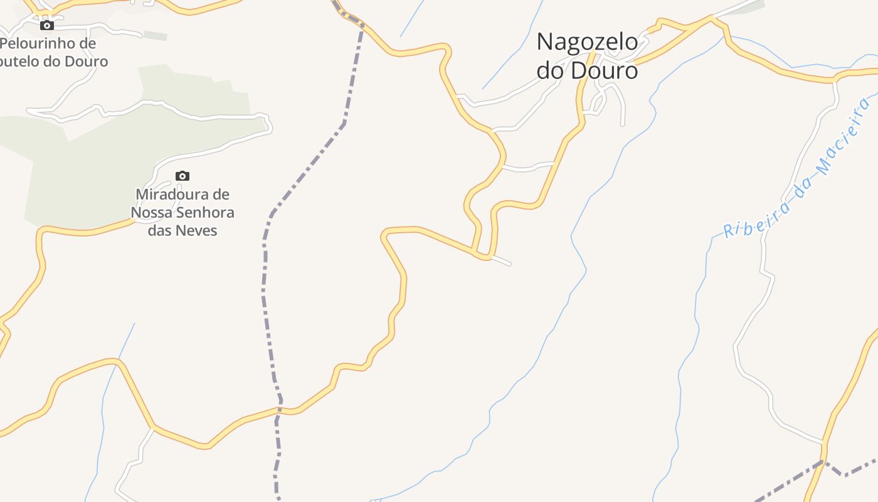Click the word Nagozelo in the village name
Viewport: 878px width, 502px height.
(x=587, y=43)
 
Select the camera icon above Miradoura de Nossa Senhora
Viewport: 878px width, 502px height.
(x=182, y=176)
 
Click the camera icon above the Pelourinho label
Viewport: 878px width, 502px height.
(x=47, y=25)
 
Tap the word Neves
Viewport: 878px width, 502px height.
(x=197, y=231)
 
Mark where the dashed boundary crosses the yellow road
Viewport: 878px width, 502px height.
(x=280, y=410)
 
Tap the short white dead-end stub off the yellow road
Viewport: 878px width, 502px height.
(x=501, y=260)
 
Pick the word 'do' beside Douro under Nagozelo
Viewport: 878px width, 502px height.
(x=550, y=70)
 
